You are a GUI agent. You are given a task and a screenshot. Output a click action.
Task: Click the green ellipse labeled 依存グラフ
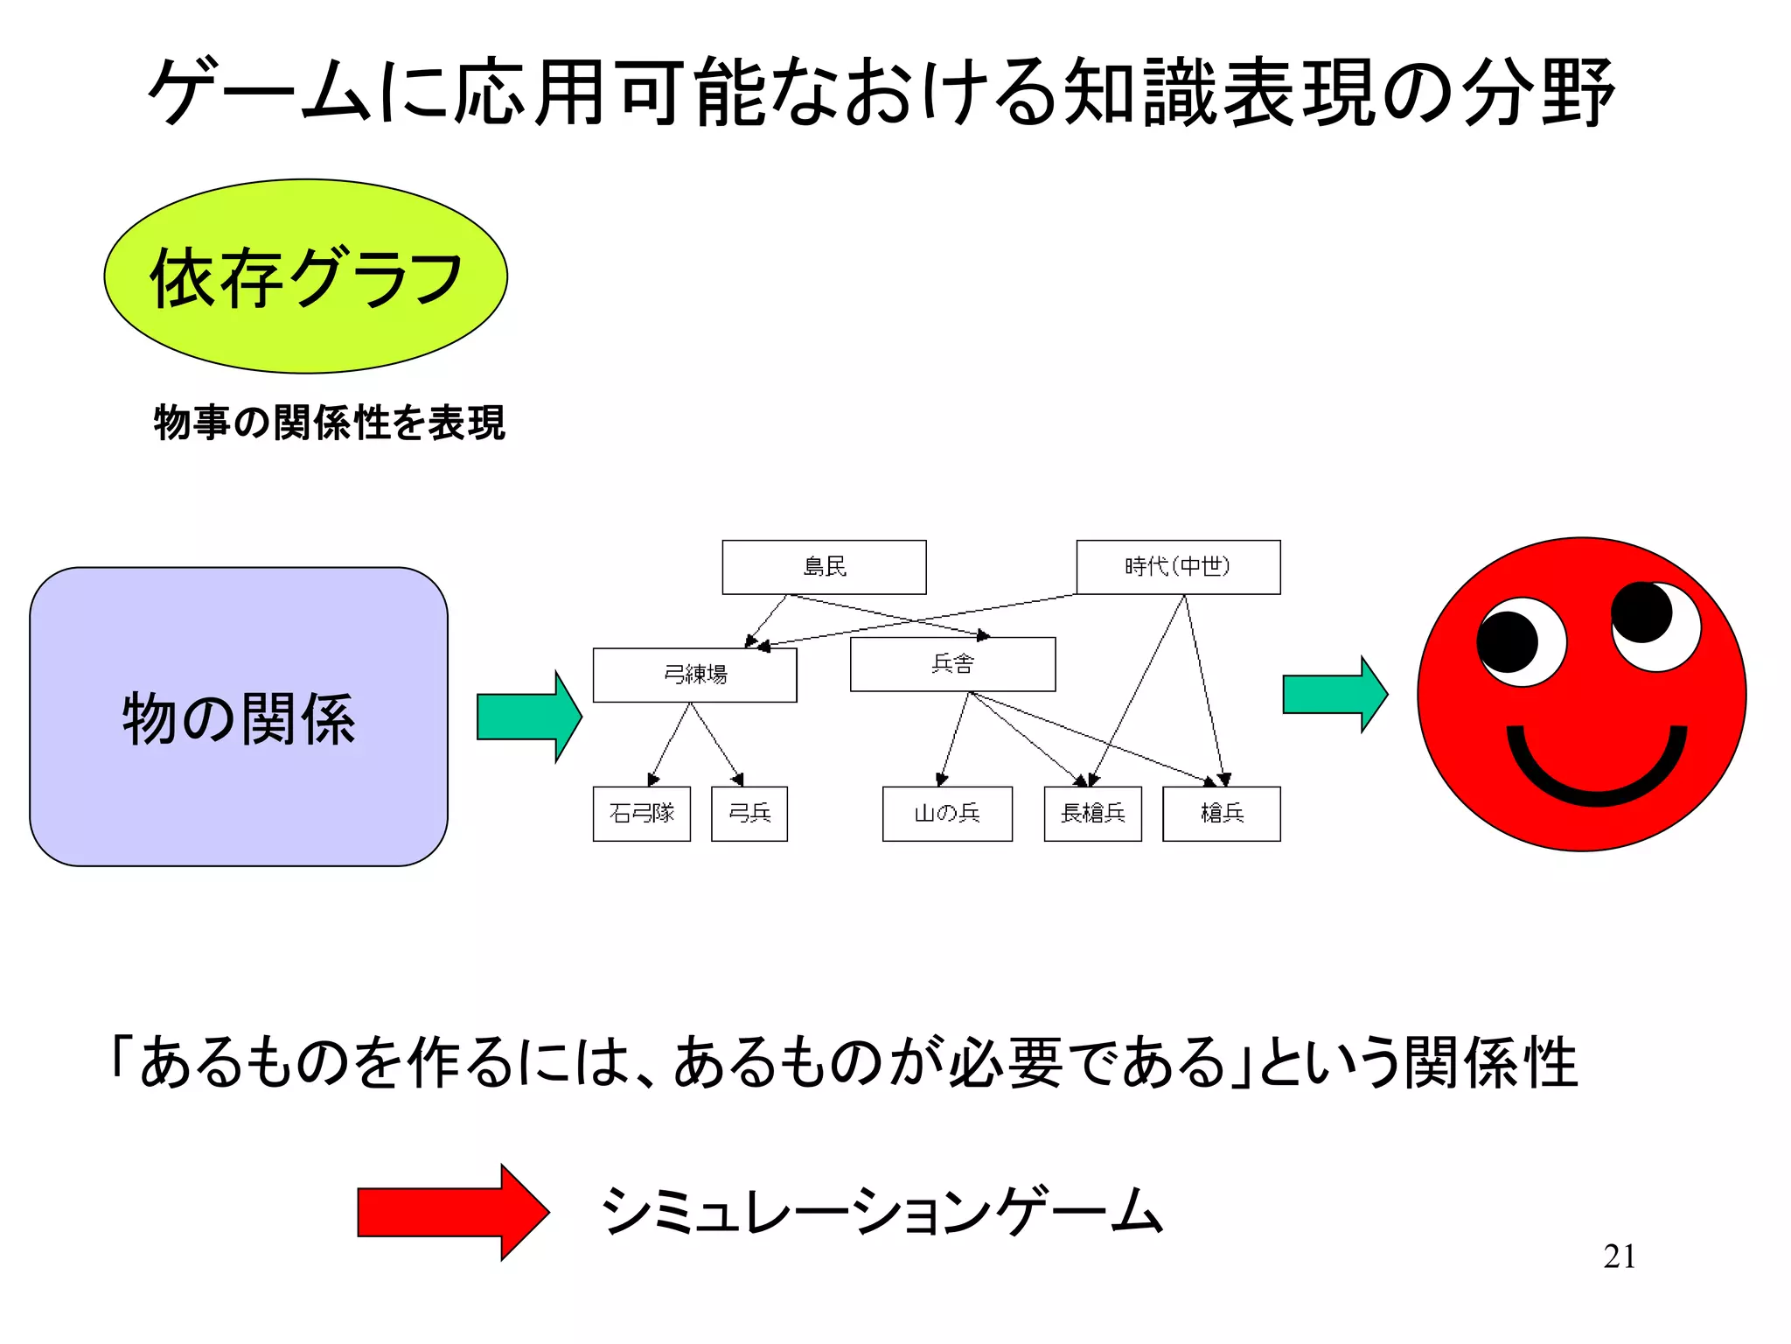tap(305, 276)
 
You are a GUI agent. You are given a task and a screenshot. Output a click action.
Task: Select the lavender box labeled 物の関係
tap(239, 717)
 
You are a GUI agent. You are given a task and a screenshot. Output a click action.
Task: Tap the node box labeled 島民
tap(824, 567)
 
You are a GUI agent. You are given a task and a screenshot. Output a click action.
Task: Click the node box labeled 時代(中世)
tap(1178, 567)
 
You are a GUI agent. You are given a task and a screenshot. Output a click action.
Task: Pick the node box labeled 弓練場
tap(694, 675)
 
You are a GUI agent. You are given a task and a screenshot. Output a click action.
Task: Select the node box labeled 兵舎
tap(952, 664)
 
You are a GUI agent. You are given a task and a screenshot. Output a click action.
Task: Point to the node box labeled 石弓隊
tap(641, 814)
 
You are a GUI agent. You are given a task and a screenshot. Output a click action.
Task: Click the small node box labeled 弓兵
tap(749, 814)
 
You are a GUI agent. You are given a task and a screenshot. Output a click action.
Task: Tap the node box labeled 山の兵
tap(947, 814)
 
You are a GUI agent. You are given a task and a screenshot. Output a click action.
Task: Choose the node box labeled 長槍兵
tap(1092, 814)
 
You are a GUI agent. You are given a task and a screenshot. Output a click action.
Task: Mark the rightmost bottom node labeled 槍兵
tap(1221, 814)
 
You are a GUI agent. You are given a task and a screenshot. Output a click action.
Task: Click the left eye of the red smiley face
tap(1522, 642)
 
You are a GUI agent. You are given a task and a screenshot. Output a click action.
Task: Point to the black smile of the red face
tap(1596, 774)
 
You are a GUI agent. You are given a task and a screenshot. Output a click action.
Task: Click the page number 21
tap(1619, 1256)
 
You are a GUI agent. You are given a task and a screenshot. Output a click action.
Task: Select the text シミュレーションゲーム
tap(882, 1212)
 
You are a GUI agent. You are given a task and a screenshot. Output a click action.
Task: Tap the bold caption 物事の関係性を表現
tap(329, 423)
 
